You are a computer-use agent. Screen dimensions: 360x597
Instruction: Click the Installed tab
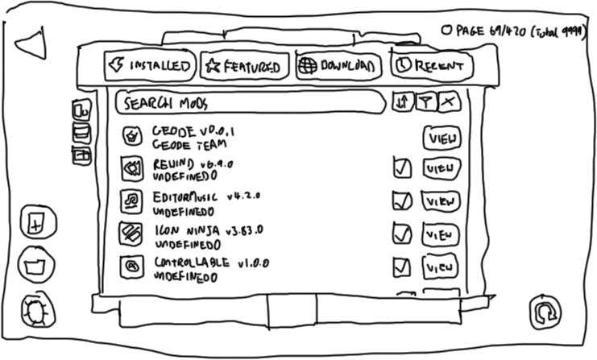[x=151, y=65]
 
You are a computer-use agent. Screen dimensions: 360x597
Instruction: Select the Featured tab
[x=243, y=66]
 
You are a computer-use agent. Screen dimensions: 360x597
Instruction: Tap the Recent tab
[x=432, y=66]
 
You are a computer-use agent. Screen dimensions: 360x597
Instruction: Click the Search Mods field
[x=250, y=103]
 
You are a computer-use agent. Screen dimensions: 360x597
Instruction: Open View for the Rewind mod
[x=442, y=168]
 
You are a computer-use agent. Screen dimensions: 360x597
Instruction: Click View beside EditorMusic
[x=442, y=200]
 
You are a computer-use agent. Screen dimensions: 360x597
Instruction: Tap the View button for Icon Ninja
[x=441, y=234]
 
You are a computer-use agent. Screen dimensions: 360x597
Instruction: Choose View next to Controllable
[x=441, y=266]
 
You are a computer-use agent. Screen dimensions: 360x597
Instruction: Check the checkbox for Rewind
[x=402, y=168]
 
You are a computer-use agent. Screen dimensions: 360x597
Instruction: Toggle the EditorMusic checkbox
[x=402, y=200]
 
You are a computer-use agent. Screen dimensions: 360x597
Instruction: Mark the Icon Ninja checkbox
[x=401, y=234]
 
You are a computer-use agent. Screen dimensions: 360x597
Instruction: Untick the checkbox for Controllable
[x=401, y=266]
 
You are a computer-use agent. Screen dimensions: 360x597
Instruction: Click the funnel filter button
[x=425, y=101]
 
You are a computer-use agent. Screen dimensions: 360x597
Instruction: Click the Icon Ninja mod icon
[x=131, y=233]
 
